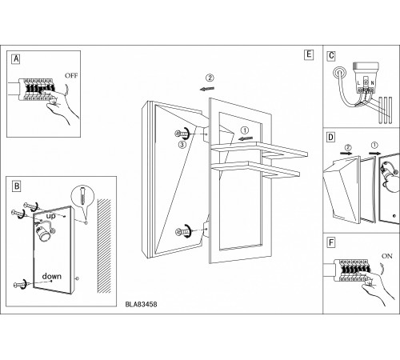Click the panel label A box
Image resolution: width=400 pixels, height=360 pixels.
16,58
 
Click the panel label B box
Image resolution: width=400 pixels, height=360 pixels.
17,186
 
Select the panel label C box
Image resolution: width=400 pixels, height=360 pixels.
331,55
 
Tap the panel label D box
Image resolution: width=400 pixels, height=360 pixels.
331,138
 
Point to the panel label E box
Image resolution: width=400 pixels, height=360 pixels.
309,54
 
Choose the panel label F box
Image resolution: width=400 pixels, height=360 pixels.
331,242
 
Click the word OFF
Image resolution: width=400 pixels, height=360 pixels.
71,76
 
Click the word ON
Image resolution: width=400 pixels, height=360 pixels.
387,256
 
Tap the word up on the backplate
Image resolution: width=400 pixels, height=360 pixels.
50,216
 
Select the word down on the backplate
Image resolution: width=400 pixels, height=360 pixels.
52,276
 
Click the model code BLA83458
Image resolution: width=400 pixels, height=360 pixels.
141,304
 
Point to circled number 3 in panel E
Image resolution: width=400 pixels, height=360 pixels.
182,145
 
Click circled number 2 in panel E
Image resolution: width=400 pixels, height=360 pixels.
210,78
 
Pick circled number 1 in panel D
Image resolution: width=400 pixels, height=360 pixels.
374,145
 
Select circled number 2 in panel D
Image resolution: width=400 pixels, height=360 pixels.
348,147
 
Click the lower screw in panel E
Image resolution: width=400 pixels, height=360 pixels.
182,231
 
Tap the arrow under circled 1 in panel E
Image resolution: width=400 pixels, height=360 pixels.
245,138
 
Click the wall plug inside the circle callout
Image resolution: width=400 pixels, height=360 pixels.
82,196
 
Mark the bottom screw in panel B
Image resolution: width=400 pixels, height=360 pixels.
21,285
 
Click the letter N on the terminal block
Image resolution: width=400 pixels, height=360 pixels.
372,83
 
